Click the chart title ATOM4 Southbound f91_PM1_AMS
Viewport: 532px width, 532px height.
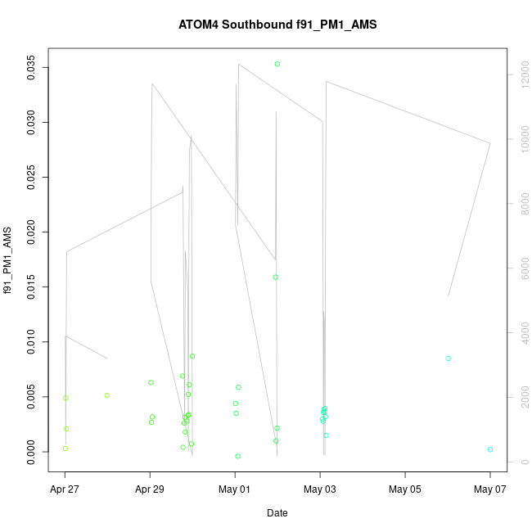pyautogui.click(x=277, y=25)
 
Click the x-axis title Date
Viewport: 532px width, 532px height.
pyautogui.click(x=277, y=513)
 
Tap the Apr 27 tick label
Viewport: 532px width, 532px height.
pyautogui.click(x=65, y=490)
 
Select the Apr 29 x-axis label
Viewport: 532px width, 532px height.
pyautogui.click(x=150, y=490)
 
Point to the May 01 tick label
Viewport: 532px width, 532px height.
pyautogui.click(x=235, y=490)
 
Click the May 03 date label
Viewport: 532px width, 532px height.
pyautogui.click(x=320, y=490)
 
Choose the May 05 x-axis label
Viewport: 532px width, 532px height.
pyautogui.click(x=405, y=490)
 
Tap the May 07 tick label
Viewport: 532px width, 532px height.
pyautogui.click(x=489, y=490)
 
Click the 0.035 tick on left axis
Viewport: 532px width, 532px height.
pyautogui.click(x=32, y=68)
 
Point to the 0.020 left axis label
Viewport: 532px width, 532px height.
pyautogui.click(x=32, y=232)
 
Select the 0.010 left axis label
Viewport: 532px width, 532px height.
pyautogui.click(x=32, y=342)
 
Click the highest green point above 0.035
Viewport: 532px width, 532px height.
pyautogui.click(x=277, y=64)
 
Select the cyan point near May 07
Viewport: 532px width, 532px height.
pyautogui.click(x=490, y=449)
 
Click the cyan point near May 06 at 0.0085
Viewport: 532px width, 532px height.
pyautogui.click(x=449, y=358)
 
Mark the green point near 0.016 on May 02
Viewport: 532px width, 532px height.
pyautogui.click(x=276, y=277)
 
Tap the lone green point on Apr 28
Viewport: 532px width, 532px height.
pyautogui.click(x=107, y=395)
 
